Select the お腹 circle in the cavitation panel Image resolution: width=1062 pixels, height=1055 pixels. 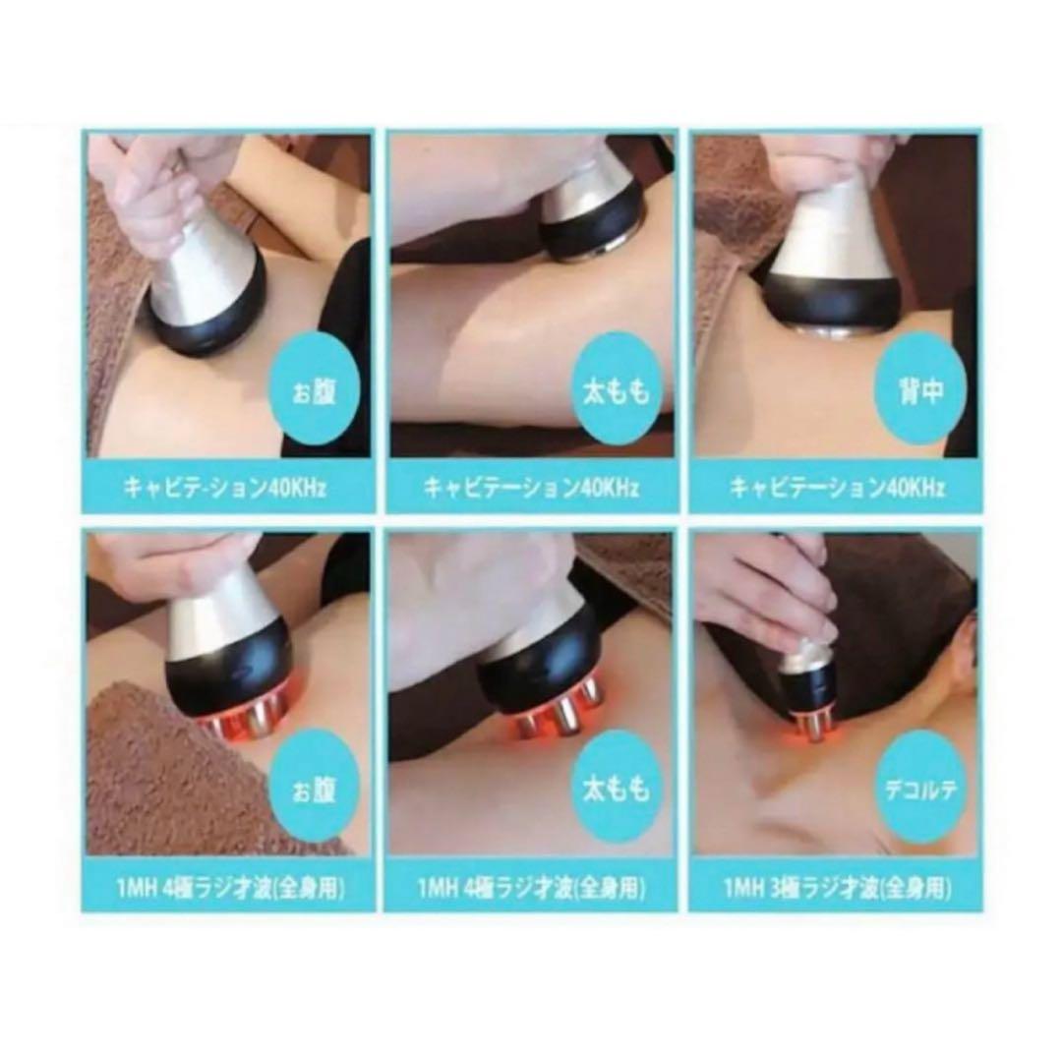[x=315, y=393]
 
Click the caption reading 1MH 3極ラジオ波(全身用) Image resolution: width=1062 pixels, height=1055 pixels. [x=836, y=890]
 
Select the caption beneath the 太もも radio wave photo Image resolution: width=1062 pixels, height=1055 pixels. [x=532, y=890]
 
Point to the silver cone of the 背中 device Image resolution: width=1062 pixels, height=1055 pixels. [x=834, y=236]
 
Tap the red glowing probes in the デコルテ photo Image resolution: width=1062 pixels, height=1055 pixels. [x=811, y=725]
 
